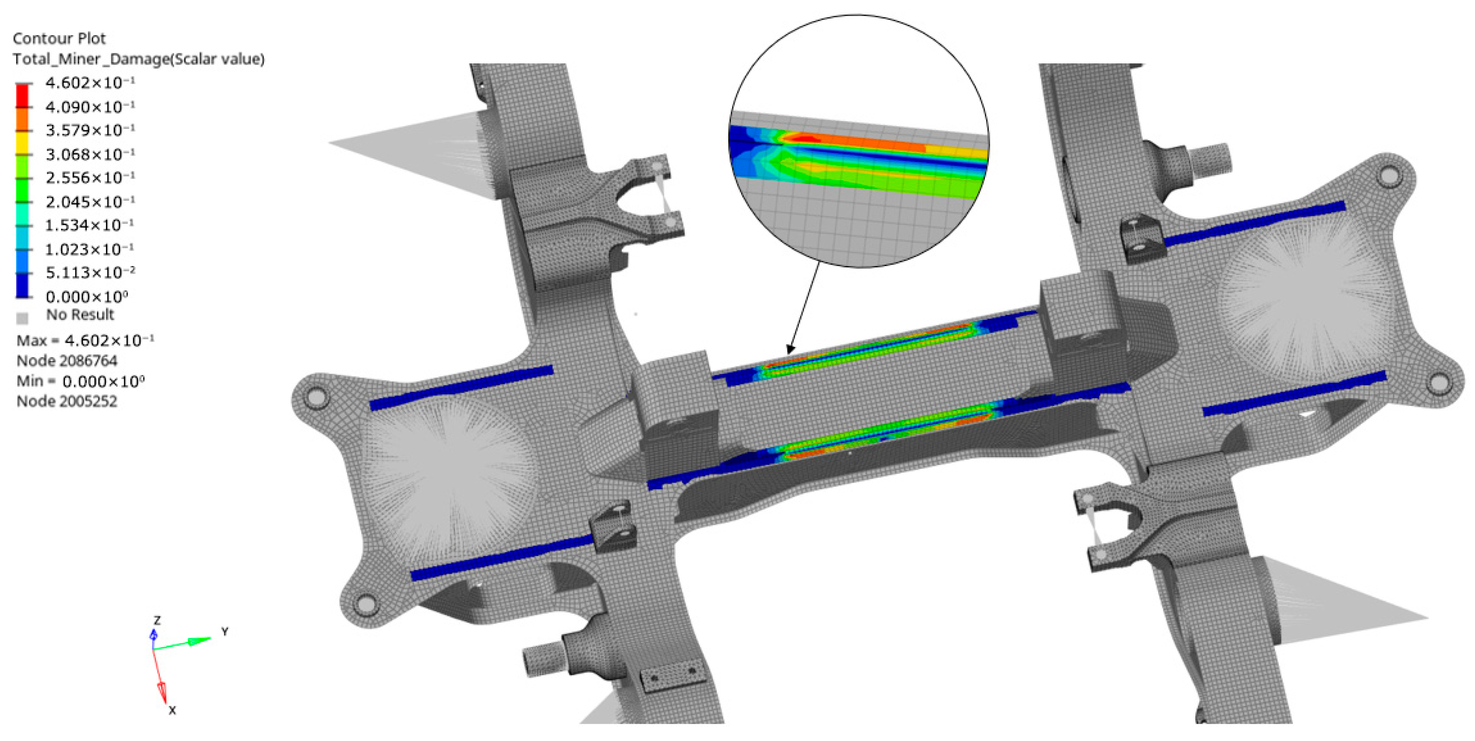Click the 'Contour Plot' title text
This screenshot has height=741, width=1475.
59,38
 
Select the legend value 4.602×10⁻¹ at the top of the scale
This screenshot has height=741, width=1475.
90,83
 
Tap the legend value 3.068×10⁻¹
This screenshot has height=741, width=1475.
90,154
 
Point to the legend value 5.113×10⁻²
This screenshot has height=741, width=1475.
90,273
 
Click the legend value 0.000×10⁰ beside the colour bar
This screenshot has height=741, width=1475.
86,297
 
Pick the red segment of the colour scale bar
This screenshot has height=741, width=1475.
22,95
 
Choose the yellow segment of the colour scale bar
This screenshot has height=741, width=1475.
22,143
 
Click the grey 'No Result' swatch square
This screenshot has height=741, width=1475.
22,318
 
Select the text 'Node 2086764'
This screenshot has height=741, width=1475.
67,360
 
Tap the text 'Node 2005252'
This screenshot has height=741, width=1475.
67,401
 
